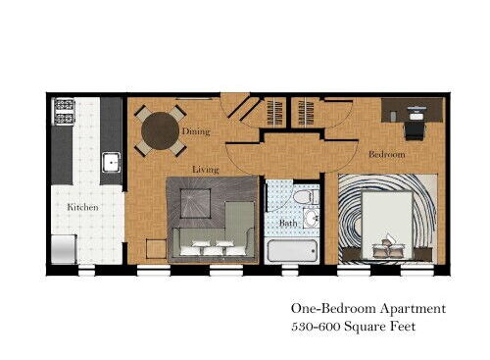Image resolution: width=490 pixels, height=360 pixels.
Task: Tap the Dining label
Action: [x=195, y=130]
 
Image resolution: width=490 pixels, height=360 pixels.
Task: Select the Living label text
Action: [x=206, y=169]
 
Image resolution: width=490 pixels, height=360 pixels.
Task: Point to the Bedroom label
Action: [x=387, y=154]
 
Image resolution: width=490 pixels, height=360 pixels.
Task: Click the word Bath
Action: [x=287, y=223]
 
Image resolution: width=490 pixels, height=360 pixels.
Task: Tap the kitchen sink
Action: [x=111, y=162]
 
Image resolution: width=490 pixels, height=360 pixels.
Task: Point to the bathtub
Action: [x=290, y=249]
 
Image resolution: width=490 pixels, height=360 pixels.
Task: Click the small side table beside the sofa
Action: [x=155, y=248]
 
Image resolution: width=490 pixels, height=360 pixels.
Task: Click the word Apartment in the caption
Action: [x=412, y=308]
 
